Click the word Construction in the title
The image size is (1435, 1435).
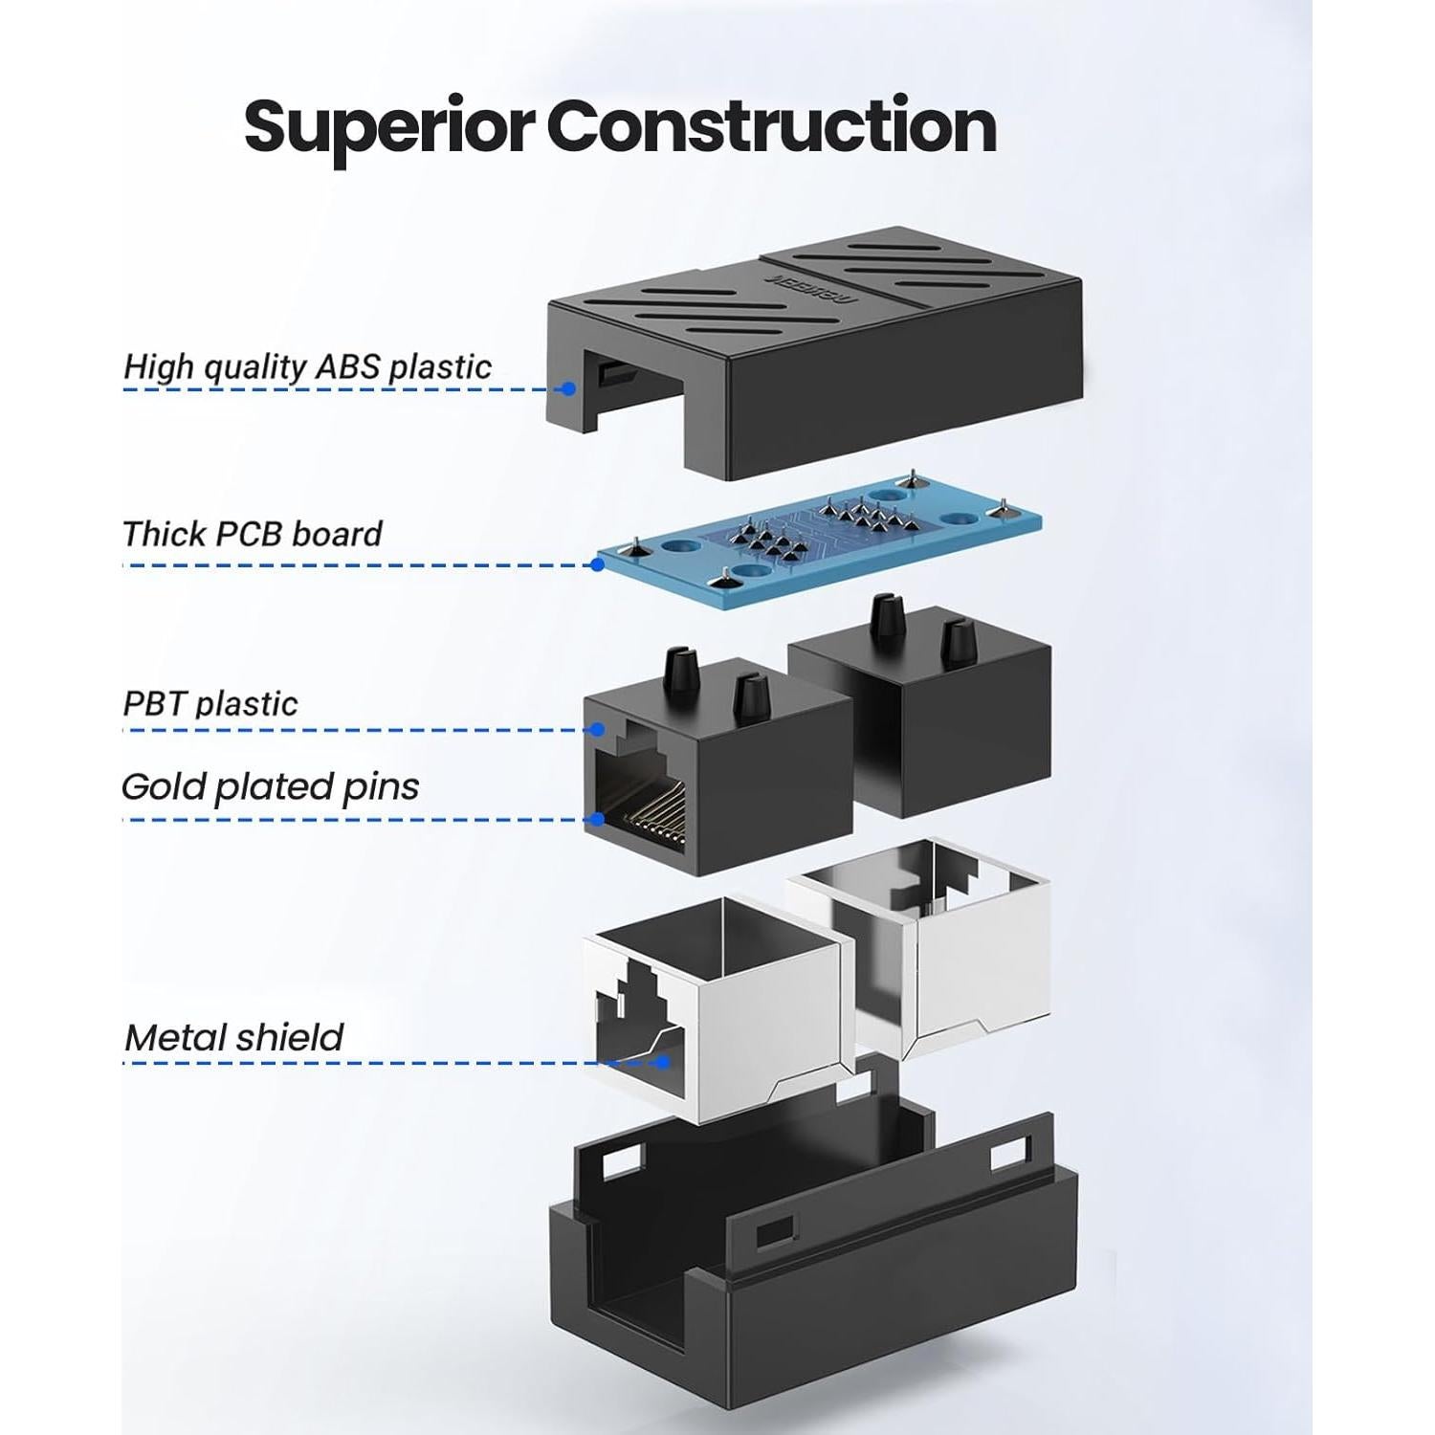point(772,125)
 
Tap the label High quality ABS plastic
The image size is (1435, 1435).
point(307,367)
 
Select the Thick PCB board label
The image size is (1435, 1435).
point(253,534)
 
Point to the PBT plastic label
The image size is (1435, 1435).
point(210,704)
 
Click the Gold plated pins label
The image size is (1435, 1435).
point(271,787)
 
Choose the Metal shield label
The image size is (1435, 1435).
point(234,1038)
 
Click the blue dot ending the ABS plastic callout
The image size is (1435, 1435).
point(568,388)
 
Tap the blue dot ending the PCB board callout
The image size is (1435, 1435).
point(597,564)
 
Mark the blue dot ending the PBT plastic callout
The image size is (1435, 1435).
point(597,730)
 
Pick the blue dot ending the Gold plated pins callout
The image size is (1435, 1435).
point(597,819)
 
